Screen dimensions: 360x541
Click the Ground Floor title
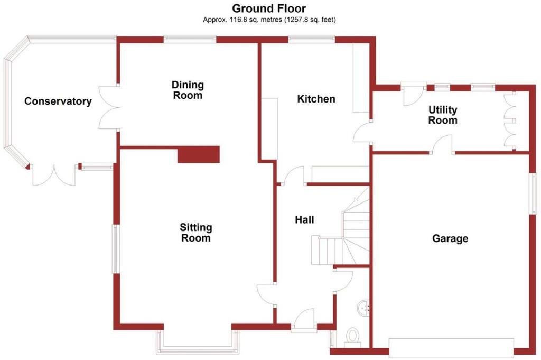coord(269,8)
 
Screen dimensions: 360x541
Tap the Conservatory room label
coord(58,101)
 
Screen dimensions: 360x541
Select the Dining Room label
coord(188,90)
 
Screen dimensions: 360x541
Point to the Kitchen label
coord(316,99)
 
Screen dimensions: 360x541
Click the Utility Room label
coord(443,115)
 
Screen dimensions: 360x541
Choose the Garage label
coord(450,238)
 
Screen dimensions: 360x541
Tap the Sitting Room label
coord(196,233)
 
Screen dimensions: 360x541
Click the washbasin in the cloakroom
coord(363,306)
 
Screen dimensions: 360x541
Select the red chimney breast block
coord(198,154)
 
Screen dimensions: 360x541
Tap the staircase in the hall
coord(343,233)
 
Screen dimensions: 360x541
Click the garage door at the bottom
coord(451,347)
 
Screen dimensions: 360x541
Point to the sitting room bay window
coord(195,344)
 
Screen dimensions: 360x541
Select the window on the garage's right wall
coord(533,193)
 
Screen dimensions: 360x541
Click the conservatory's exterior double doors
coord(53,174)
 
